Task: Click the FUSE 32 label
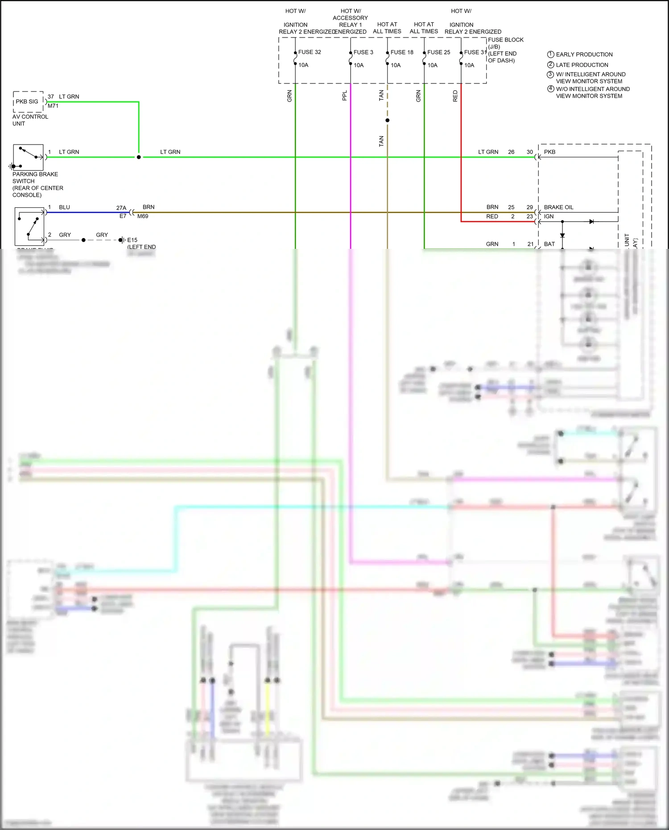[310, 52]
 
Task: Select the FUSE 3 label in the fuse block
[363, 52]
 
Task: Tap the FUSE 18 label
[402, 52]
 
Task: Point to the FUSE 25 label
[438, 52]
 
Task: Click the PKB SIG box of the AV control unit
[28, 102]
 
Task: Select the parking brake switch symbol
[28, 157]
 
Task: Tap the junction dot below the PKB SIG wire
[139, 157]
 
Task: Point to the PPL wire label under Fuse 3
[344, 95]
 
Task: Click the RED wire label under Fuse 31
[455, 95]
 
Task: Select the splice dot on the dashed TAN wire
[387, 120]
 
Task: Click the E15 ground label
[132, 240]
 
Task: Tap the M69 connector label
[143, 216]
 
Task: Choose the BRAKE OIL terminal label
[558, 207]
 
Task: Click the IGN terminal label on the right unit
[549, 216]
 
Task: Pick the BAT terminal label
[549, 244]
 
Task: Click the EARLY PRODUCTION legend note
[584, 54]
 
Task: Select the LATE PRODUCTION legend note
[582, 65]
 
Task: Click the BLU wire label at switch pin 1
[65, 207]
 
